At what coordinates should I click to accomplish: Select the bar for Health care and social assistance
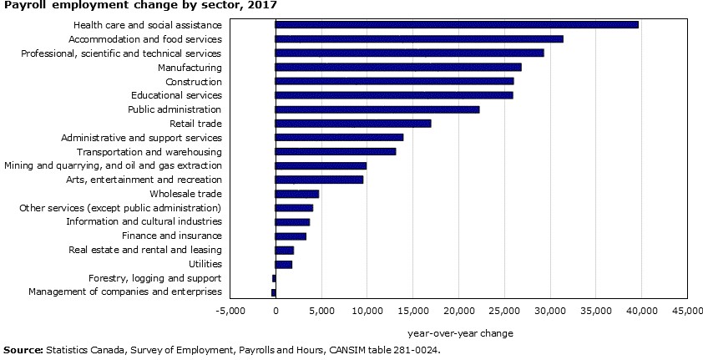[x=457, y=25]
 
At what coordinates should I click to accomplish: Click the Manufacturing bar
[x=398, y=67]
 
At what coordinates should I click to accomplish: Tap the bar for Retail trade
[x=353, y=124]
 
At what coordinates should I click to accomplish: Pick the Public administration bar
[x=377, y=109]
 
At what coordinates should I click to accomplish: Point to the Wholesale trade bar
[x=297, y=194]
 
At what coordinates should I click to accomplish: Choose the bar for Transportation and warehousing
[x=336, y=151]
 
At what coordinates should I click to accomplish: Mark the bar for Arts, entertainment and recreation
[x=319, y=180]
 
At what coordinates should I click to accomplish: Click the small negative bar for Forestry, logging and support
[x=273, y=278]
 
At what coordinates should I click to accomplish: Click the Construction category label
[x=194, y=82]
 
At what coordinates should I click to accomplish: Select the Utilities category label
[x=205, y=264]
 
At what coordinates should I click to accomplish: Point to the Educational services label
[x=176, y=95]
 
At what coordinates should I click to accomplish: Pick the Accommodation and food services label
[x=145, y=39]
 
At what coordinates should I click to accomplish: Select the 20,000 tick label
[x=458, y=311]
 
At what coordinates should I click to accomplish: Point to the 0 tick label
[x=276, y=311]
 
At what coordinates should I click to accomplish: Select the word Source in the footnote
[x=23, y=350]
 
